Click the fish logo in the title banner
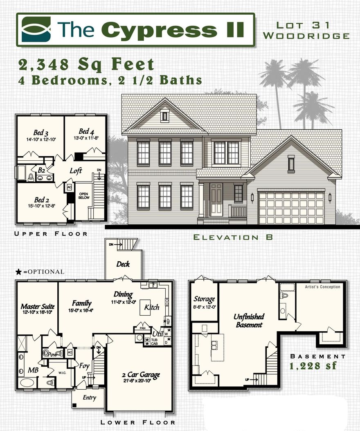pyautogui.click(x=36, y=29)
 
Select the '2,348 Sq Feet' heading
pyautogui.click(x=86, y=64)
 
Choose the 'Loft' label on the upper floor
pyautogui.click(x=76, y=170)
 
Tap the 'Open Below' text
pyautogui.click(x=84, y=196)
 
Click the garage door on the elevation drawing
pyautogui.click(x=291, y=207)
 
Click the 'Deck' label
pyautogui.click(x=123, y=264)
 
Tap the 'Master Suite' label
pyautogui.click(x=38, y=306)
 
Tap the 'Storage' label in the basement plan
pyautogui.click(x=204, y=299)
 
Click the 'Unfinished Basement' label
pyautogui.click(x=249, y=321)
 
